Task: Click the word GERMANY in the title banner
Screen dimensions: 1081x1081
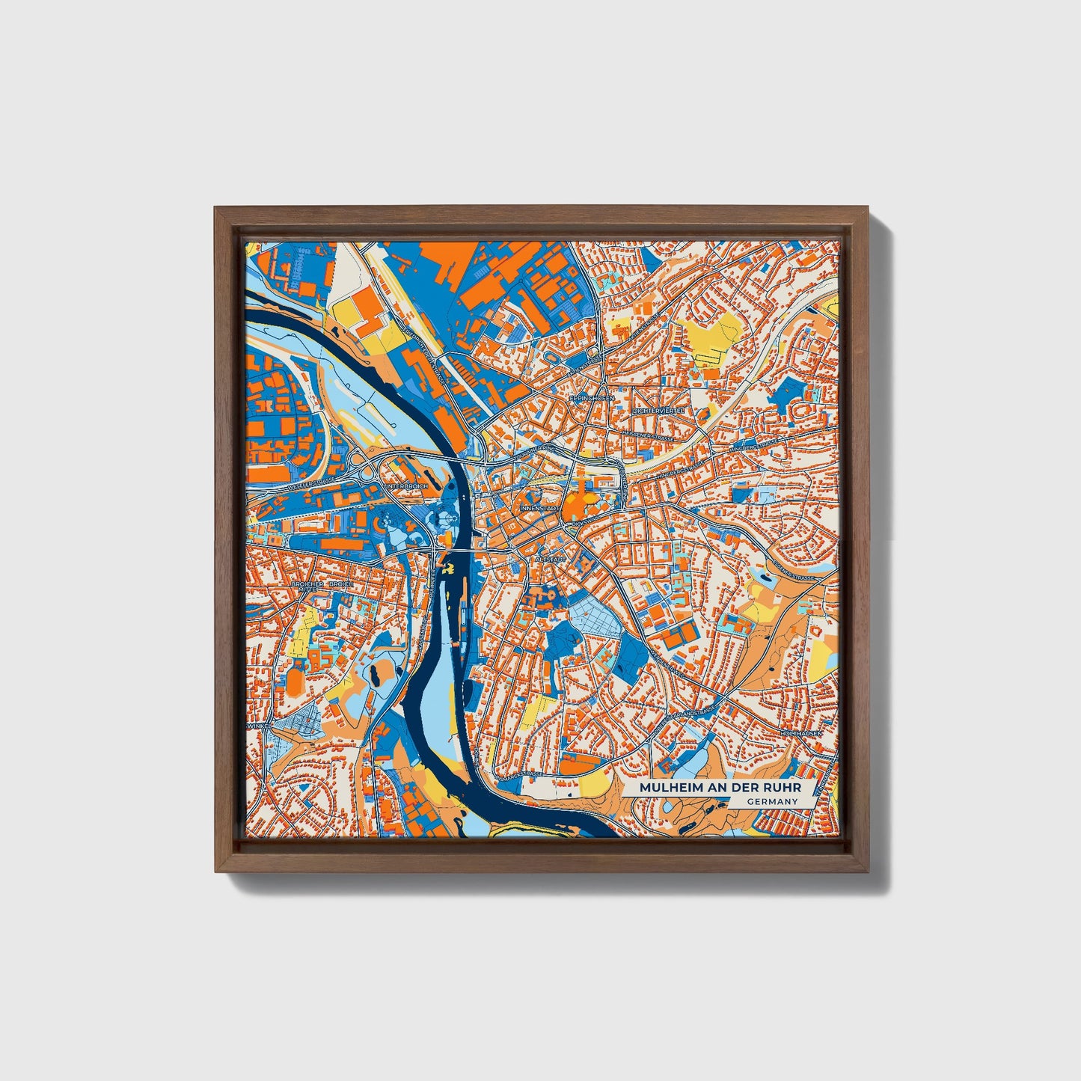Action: coord(772,801)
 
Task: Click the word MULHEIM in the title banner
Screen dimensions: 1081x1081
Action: coord(665,788)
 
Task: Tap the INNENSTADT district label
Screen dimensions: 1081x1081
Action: coord(539,508)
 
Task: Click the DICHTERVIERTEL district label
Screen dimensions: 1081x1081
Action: coord(659,411)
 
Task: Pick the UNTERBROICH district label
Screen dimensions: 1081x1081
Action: coord(405,486)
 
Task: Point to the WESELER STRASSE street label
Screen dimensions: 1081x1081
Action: coord(310,487)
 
